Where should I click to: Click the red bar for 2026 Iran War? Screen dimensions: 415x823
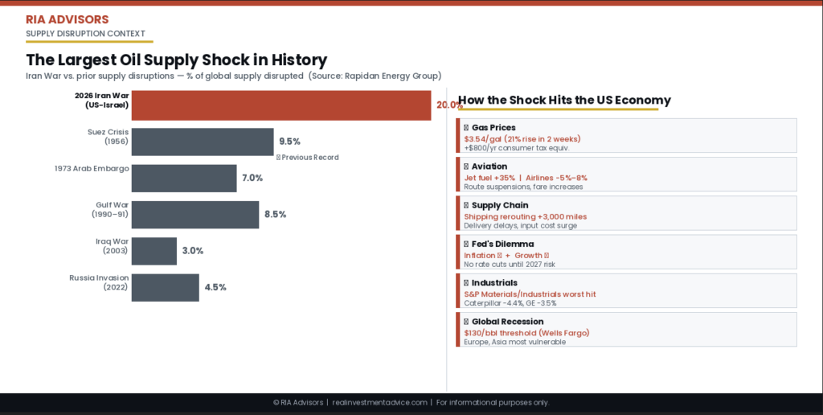[281, 105]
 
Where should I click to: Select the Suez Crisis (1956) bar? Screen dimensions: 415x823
[203, 142]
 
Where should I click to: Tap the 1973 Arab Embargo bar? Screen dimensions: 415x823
[184, 178]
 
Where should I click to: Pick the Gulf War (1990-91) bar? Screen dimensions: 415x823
[195, 215]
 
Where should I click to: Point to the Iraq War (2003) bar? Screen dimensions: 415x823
[154, 251]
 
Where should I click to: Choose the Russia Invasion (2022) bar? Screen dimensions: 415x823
[165, 287]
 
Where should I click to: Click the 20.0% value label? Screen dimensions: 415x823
[448, 105]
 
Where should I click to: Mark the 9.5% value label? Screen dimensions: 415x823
[289, 142]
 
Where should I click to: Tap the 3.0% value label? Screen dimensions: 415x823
[193, 251]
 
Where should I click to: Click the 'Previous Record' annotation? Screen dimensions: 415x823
[309, 158]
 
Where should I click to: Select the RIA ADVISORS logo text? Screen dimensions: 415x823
[68, 19]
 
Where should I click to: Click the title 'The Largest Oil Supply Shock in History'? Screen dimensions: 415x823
[177, 60]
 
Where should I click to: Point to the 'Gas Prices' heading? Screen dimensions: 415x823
[493, 128]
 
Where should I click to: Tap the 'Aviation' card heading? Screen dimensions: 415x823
[489, 166]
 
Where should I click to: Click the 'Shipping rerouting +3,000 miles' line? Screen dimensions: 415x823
[525, 216]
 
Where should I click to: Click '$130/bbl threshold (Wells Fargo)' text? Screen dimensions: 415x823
[526, 333]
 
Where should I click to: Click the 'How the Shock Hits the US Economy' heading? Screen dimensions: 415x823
[564, 101]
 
